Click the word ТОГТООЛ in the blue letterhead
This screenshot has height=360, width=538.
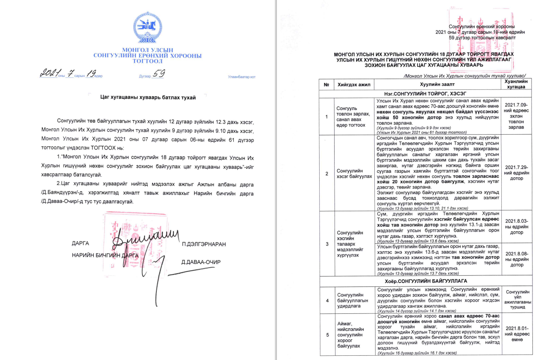[x=147, y=61]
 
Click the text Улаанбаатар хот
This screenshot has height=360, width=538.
[x=242, y=77]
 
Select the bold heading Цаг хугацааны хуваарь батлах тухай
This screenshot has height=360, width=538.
[x=147, y=98]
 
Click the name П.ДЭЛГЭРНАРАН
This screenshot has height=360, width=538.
[x=203, y=244]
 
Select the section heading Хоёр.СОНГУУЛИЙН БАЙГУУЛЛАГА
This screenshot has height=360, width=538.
[x=426, y=281]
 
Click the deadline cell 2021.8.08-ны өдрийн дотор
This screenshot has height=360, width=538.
[x=516, y=259]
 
